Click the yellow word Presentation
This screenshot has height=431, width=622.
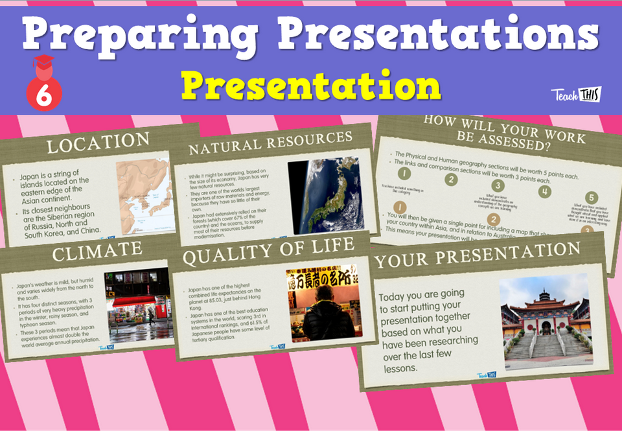click(311, 84)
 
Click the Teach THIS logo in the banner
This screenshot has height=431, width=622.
click(576, 95)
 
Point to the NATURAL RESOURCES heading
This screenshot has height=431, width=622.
click(270, 145)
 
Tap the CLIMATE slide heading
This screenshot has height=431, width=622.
click(97, 251)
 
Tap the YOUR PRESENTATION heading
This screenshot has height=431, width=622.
click(478, 254)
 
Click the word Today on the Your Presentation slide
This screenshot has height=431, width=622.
click(395, 297)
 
